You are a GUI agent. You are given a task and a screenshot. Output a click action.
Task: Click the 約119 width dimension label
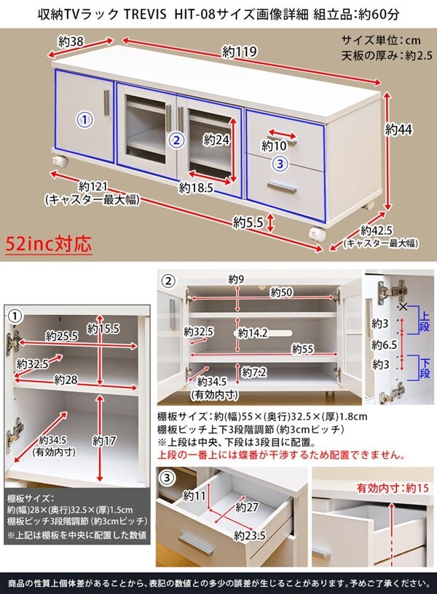240,51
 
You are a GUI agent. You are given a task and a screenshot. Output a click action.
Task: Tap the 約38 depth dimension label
71,41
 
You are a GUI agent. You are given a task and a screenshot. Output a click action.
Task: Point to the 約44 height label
398,129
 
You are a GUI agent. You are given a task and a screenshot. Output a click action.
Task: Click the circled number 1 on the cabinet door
84,120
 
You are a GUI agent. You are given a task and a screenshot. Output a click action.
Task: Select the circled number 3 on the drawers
280,164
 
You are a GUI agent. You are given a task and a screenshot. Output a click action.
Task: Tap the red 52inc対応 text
49,244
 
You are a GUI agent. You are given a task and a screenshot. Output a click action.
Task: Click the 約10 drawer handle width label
274,145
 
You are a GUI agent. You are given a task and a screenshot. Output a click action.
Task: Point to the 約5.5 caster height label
248,222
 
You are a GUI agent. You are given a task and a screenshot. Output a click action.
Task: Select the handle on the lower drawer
281,188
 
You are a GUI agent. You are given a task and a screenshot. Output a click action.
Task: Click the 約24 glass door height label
216,140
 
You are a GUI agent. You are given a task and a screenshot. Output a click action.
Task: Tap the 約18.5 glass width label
196,188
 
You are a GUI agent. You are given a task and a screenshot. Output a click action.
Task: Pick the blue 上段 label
424,320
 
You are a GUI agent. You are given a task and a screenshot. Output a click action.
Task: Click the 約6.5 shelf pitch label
384,345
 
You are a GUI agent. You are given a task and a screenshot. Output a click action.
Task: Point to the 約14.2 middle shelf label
253,333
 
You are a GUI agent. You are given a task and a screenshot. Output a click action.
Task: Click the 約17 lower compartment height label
103,441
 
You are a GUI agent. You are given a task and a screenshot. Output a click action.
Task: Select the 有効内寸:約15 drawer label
393,489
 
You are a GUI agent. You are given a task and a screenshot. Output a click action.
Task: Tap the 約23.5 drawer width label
250,535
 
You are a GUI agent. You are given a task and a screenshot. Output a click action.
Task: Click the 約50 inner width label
281,292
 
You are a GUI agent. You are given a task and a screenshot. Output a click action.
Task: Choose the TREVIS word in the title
145,15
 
